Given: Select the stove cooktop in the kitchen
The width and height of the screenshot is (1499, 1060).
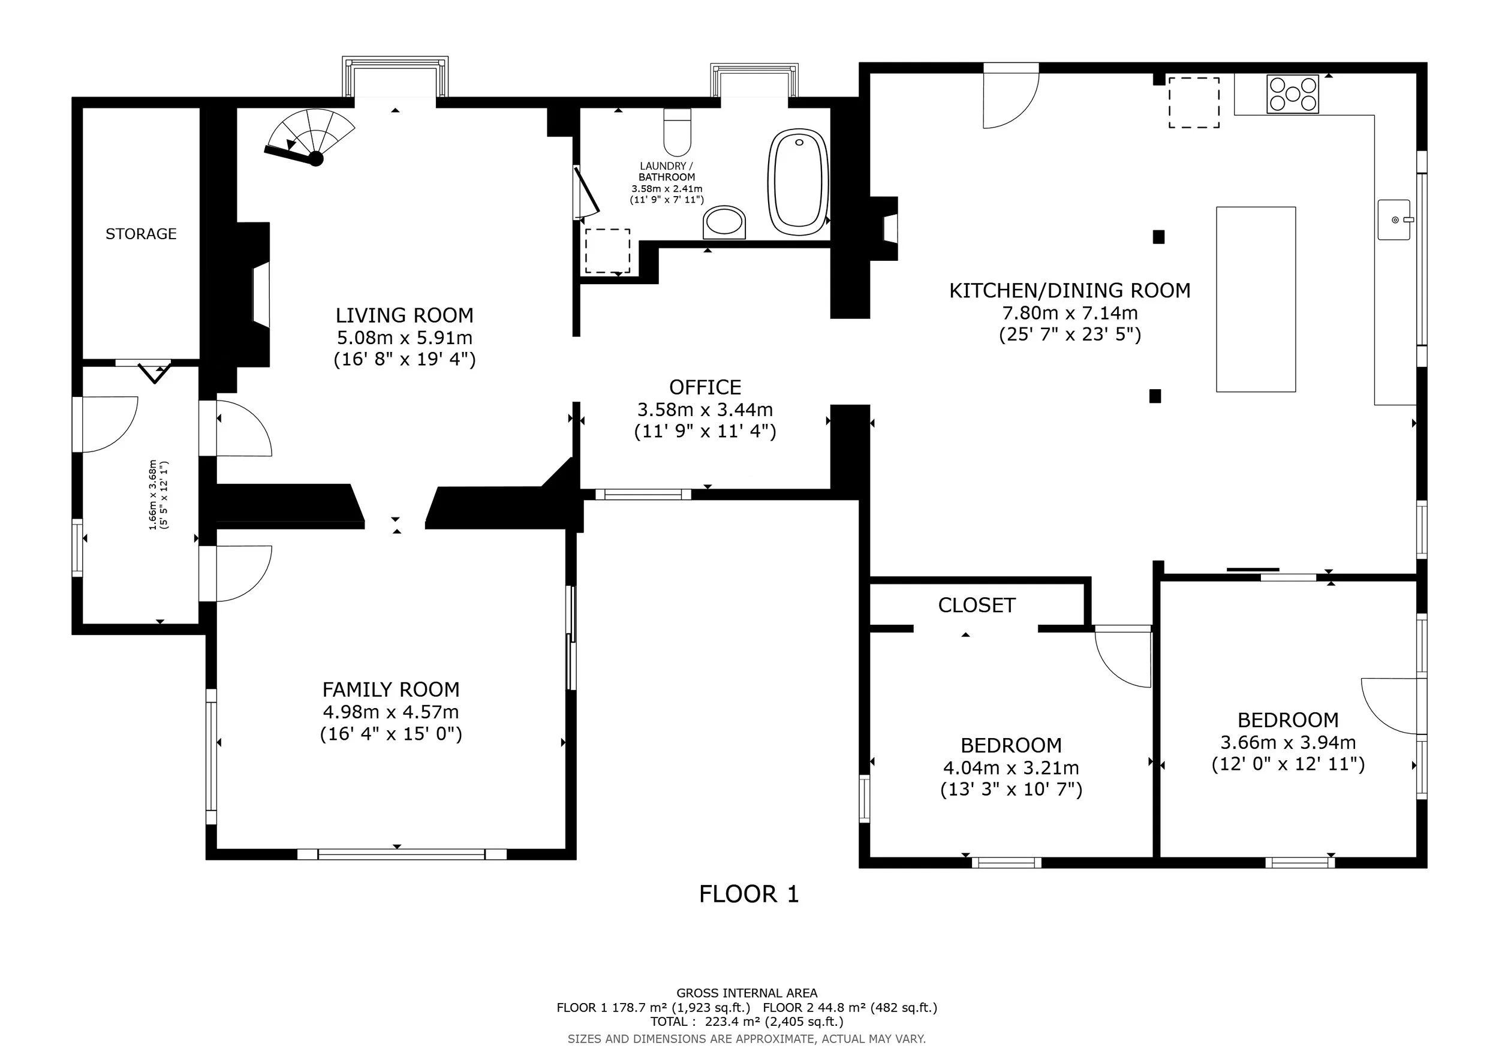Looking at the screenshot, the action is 1293,94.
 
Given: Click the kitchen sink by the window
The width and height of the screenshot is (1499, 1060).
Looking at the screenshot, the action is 1395,220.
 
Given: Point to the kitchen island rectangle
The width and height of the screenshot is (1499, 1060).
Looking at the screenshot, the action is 1256,300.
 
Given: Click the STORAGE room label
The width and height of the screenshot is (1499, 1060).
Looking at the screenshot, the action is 141,234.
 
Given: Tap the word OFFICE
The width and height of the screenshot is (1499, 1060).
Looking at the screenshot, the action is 705,388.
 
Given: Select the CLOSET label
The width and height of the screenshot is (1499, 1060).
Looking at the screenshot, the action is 977,606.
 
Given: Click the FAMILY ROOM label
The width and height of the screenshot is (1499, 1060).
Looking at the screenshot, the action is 391,690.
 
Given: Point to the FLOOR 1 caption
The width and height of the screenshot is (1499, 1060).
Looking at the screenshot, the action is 749,894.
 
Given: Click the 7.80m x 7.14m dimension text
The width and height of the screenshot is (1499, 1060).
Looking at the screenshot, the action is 1070,314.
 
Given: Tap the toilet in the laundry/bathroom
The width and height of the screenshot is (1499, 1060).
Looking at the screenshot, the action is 677,131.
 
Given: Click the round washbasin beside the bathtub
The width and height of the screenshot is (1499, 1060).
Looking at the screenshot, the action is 724,222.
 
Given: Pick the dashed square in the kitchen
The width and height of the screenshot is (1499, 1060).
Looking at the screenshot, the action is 1194,103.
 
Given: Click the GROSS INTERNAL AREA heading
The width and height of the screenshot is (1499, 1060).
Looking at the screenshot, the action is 747,993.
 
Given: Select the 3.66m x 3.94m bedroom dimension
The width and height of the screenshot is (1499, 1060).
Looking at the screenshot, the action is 1288,743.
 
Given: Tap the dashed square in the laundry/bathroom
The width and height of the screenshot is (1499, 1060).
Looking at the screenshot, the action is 608,251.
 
